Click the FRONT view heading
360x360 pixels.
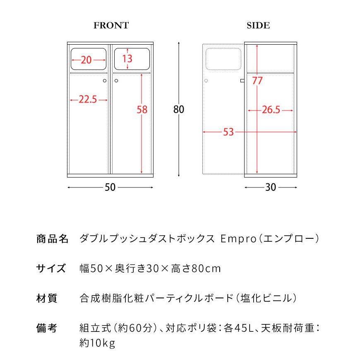pos(111,26)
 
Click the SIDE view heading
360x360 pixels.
pos(258,26)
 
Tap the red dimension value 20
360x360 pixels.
pos(86,60)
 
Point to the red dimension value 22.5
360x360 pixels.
pos(87,100)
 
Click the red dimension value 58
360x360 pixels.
pos(142,110)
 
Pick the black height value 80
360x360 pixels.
pos(179,110)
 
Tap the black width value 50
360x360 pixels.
pos(110,187)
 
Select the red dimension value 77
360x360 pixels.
pos(257,81)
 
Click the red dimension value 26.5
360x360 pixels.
pos(271,110)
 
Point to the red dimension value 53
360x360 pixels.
pos(228,132)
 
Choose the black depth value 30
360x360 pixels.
pos(271,187)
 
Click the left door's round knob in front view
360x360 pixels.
pos(105,81)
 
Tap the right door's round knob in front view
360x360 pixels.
pos(117,81)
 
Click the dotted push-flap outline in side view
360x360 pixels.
pos(223,58)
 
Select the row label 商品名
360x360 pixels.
pos(52,239)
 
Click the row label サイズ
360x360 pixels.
pos(51,268)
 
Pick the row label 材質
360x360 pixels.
pos(47,298)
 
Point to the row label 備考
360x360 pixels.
pos(47,328)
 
